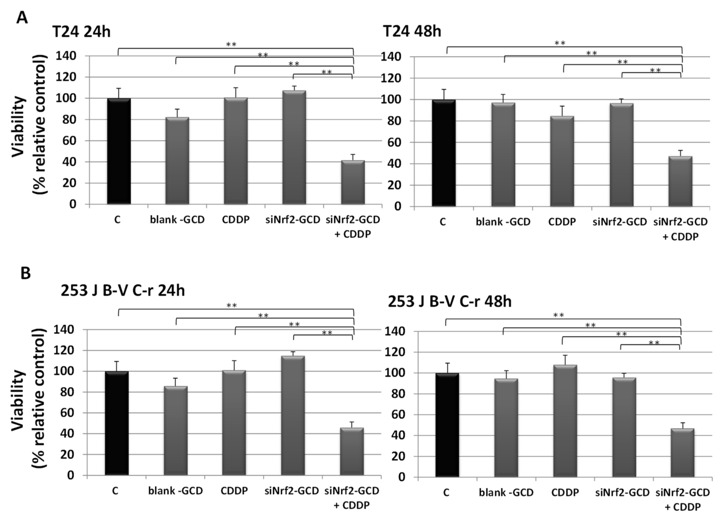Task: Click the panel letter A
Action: point(22,18)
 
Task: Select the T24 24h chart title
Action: point(81,32)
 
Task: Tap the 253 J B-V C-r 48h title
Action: point(449,301)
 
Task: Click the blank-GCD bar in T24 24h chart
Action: point(177,161)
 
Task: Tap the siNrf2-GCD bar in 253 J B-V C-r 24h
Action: point(293,416)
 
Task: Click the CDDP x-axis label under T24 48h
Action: point(562,222)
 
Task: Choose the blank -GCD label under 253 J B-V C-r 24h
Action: point(175,491)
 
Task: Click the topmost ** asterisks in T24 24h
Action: point(231,44)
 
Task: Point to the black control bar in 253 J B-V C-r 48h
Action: point(447,425)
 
